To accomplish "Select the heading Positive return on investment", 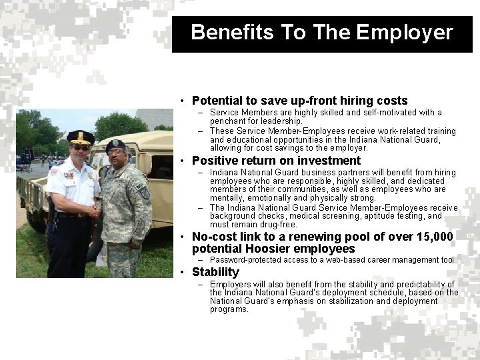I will pyautogui.click(x=276, y=161).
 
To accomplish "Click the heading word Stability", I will pyautogui.click(x=215, y=272).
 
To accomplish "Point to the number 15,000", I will pyautogui.click(x=433, y=237).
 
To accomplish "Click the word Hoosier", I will pyautogui.click(x=263, y=249).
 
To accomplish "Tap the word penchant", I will pyautogui.click(x=227, y=121).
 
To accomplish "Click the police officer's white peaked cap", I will pyautogui.click(x=81, y=136).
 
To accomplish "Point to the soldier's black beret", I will pyautogui.click(x=115, y=144).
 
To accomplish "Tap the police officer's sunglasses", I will pyautogui.click(x=81, y=147).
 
